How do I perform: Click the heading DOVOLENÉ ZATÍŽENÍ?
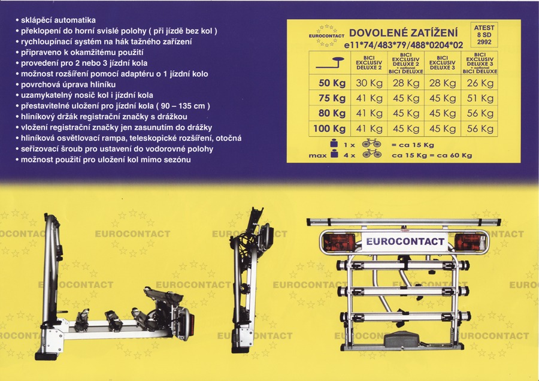[x=403, y=33]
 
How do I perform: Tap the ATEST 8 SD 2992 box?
[x=484, y=35]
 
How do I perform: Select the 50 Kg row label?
[x=332, y=83]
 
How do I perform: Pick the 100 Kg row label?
[x=329, y=129]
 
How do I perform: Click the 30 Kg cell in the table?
[x=369, y=83]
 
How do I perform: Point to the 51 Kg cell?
[x=480, y=98]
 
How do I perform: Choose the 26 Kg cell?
[x=480, y=83]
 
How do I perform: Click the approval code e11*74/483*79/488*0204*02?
[x=403, y=45]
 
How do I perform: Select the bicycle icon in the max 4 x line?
[x=371, y=154]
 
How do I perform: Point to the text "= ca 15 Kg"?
[x=413, y=145]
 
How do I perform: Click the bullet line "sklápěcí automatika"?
[x=56, y=20]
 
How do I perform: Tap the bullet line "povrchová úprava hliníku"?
[x=66, y=84]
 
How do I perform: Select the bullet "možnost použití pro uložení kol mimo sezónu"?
[x=103, y=159]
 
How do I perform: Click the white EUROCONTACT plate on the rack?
[x=405, y=241]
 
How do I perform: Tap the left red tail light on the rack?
[x=340, y=242]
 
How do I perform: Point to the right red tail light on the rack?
[x=470, y=242]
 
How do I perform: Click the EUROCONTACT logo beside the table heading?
[x=326, y=35]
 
